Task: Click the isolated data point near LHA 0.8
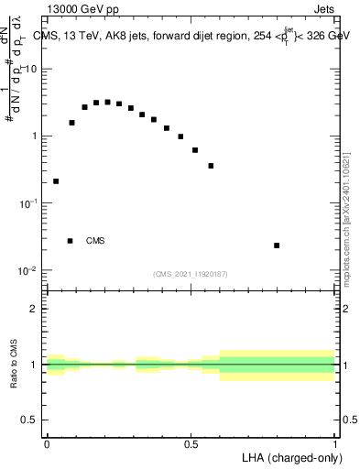tap(277, 245)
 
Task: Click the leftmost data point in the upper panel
tap(56, 181)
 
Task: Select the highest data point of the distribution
tap(107, 103)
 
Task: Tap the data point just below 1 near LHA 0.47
tap(180, 136)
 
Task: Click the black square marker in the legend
tap(71, 241)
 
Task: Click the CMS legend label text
tap(95, 241)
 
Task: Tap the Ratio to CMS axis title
tap(15, 364)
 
